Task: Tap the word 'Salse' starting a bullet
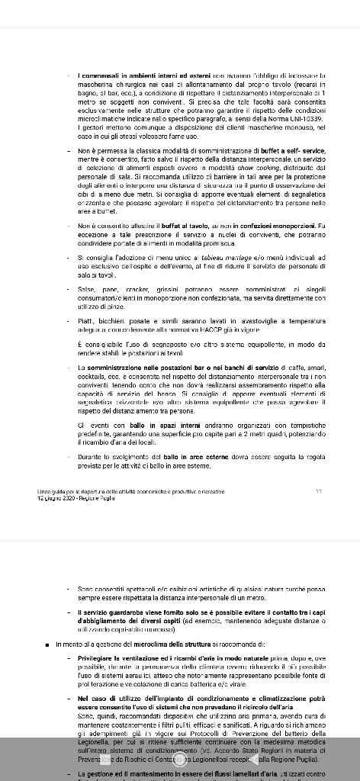pyautogui.click(x=86, y=290)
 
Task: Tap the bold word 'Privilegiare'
pyautogui.click(x=99, y=657)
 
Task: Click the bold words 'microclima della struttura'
pyautogui.click(x=178, y=644)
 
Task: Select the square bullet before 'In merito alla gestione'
pyautogui.click(x=48, y=644)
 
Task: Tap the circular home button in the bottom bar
pyautogui.click(x=181, y=760)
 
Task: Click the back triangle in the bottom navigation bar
pyautogui.click(x=253, y=760)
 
